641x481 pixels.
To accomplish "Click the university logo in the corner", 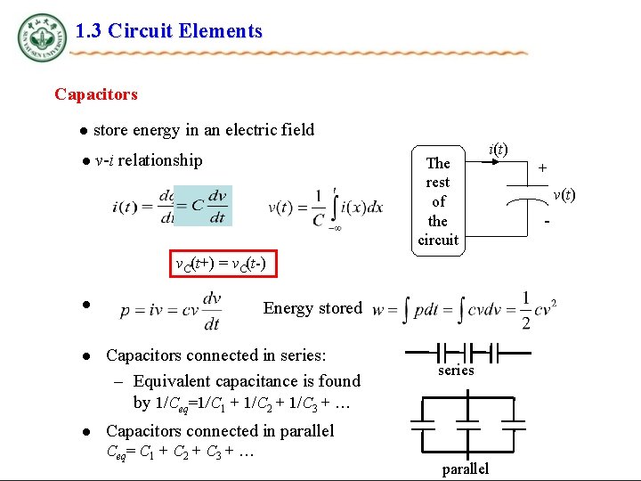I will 41,37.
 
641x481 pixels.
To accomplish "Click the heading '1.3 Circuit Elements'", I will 169,31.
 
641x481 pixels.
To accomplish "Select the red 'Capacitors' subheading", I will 96,94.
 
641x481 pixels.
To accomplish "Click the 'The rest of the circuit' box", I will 438,200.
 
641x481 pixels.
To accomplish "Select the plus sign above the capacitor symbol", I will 542,167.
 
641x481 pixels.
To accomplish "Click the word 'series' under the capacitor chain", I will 456,370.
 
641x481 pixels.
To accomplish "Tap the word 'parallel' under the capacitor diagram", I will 465,469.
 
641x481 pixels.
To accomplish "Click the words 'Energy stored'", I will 312,308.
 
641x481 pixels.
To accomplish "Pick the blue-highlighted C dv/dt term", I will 203,206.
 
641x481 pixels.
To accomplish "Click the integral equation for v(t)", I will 326,207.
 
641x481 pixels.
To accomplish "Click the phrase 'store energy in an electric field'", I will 204,130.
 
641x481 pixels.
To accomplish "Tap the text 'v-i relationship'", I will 149,160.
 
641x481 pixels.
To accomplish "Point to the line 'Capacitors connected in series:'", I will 216,355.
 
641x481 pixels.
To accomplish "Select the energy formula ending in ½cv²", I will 465,311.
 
